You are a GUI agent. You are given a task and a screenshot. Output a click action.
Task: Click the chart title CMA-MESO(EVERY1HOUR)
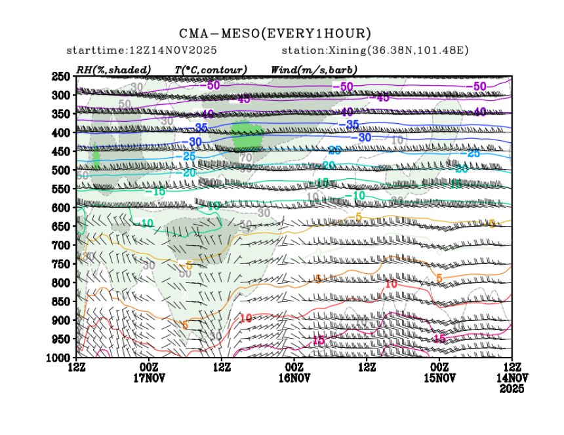275,33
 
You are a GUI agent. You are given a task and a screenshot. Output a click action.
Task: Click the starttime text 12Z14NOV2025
178,50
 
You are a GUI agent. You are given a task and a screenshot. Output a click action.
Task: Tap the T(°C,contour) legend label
211,69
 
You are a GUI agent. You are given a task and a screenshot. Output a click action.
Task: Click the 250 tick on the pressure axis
62,77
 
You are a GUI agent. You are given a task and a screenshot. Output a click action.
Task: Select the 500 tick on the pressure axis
62,170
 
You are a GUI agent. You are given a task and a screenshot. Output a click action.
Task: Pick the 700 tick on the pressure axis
62,246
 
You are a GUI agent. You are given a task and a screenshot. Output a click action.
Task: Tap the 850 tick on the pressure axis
62,302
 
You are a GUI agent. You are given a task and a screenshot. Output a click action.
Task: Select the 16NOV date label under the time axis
294,378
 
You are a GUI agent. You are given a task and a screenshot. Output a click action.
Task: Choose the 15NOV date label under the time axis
439,378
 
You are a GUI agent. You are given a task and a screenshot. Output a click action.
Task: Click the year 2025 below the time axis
512,388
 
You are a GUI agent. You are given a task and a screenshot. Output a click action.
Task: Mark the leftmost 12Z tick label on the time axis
77,368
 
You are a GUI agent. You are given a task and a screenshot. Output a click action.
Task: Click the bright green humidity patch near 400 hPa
247,135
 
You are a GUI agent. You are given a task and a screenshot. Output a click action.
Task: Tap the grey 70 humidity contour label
245,157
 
